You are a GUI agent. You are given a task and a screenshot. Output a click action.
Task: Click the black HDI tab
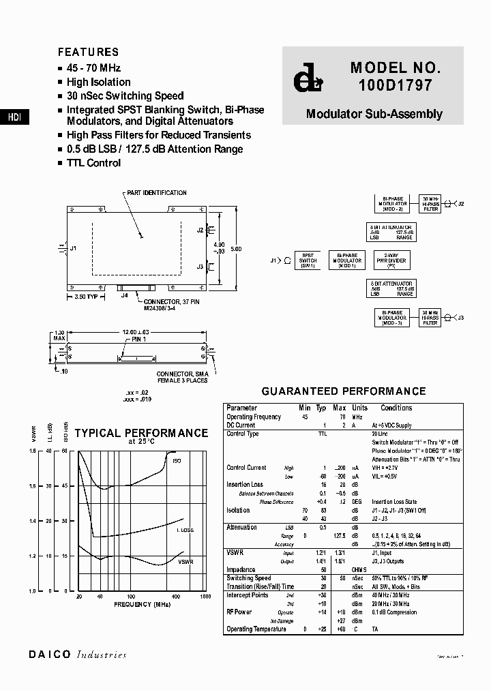(x=14, y=117)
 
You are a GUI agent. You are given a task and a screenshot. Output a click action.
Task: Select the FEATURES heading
(x=88, y=52)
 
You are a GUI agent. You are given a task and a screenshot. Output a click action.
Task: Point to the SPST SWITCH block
(x=308, y=260)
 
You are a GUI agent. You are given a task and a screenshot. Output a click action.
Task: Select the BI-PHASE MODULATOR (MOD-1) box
(x=347, y=260)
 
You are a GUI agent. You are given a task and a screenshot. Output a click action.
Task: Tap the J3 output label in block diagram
(x=461, y=318)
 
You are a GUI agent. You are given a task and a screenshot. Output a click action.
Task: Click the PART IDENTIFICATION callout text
(x=158, y=193)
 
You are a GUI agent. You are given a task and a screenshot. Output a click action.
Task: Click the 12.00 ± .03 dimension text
(x=136, y=331)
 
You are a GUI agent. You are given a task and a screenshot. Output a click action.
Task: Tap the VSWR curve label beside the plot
(x=185, y=561)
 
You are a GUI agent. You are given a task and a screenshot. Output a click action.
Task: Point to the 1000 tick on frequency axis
(x=205, y=597)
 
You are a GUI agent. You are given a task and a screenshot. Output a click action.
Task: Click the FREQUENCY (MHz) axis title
(x=143, y=605)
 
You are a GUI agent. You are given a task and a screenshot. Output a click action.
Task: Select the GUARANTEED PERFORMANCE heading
(x=344, y=391)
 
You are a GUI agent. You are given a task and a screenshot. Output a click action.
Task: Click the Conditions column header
(x=396, y=408)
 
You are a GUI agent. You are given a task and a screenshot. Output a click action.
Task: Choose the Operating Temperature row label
(x=256, y=629)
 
